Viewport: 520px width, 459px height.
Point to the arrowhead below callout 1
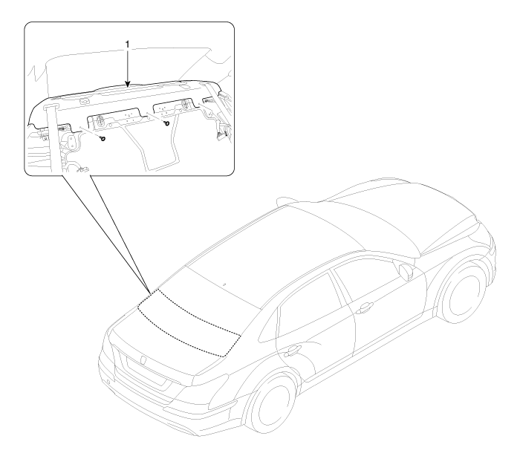128,86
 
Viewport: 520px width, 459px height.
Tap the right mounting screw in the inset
168,123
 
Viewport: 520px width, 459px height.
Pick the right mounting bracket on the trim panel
175,108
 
